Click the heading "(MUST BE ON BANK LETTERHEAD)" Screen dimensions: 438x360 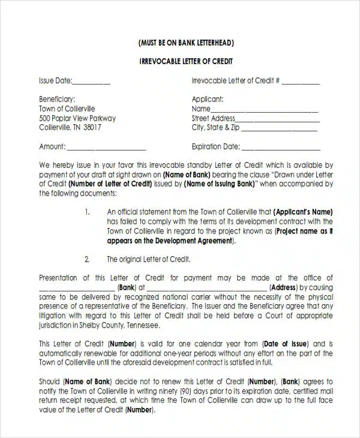pyautogui.click(x=185, y=43)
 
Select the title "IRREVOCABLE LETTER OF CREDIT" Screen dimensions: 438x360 pyautogui.click(x=185, y=62)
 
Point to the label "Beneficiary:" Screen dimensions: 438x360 pyautogui.click(x=57, y=100)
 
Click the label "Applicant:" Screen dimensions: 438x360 pyautogui.click(x=208, y=100)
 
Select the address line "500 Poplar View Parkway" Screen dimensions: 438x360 pyautogui.click(x=77, y=118)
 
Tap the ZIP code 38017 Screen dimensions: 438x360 pyautogui.click(x=92, y=128)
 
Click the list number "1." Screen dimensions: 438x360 pyautogui.click(x=87, y=212)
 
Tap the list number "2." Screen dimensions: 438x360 pyautogui.click(x=87, y=259)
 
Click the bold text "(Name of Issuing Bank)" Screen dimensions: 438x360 pyautogui.click(x=222, y=184)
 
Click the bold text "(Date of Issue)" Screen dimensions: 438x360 pyautogui.click(x=286, y=344)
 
